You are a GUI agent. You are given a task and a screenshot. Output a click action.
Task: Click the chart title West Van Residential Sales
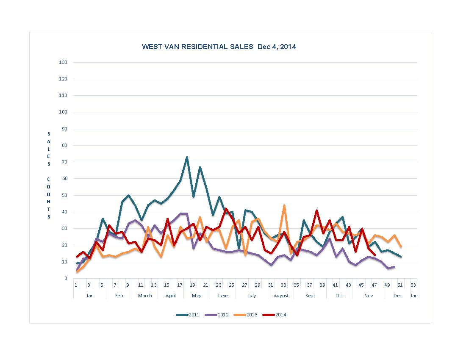pyautogui.click(x=219, y=47)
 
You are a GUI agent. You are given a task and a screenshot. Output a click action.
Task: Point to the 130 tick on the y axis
pyautogui.click(x=63, y=63)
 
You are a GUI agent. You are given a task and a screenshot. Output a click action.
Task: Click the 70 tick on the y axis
pyautogui.click(x=64, y=162)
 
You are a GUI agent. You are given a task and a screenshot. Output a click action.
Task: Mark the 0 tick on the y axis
pyautogui.click(x=66, y=278)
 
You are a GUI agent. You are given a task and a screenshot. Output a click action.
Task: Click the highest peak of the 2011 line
pyautogui.click(x=187, y=157)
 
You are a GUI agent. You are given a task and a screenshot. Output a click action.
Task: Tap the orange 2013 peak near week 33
pyautogui.click(x=284, y=205)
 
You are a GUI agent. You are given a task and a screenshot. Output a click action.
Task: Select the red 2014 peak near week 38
pyautogui.click(x=316, y=210)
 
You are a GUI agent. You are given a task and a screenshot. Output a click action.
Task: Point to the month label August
pyautogui.click(x=281, y=296)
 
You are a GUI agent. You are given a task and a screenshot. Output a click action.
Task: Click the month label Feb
pyautogui.click(x=119, y=296)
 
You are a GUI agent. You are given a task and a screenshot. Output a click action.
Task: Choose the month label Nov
pyautogui.click(x=368, y=296)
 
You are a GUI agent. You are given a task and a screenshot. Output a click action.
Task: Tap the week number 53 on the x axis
pyautogui.click(x=413, y=285)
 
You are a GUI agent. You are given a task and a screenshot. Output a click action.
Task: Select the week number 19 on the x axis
pyautogui.click(x=193, y=285)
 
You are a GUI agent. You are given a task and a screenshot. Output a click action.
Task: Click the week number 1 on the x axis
pyautogui.click(x=76, y=285)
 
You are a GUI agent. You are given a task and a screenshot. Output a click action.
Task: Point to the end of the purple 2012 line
pyautogui.click(x=394, y=267)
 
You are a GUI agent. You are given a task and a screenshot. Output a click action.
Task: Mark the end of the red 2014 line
pyautogui.click(x=374, y=255)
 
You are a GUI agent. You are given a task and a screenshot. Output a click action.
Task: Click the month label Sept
pyautogui.click(x=310, y=296)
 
